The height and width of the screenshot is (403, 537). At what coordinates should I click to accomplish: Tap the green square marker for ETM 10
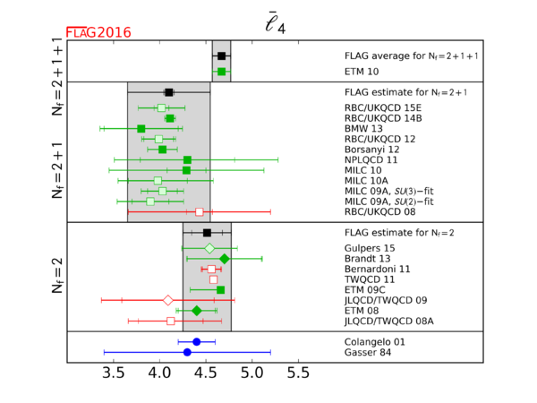221,71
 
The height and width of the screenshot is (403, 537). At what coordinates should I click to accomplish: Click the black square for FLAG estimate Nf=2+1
169,91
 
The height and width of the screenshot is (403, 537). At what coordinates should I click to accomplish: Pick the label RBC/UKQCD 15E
383,107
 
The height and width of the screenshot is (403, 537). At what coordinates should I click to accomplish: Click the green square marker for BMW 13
141,129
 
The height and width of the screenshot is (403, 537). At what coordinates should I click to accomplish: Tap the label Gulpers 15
370,248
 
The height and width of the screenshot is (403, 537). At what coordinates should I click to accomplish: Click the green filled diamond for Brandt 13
225,259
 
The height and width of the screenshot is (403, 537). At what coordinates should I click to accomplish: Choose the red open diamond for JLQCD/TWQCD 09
168,300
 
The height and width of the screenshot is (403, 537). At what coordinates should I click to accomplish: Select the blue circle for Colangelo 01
197,341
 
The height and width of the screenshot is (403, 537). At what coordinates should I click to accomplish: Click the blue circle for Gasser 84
187,352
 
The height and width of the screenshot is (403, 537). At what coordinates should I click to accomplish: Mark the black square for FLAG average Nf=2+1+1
221,56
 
